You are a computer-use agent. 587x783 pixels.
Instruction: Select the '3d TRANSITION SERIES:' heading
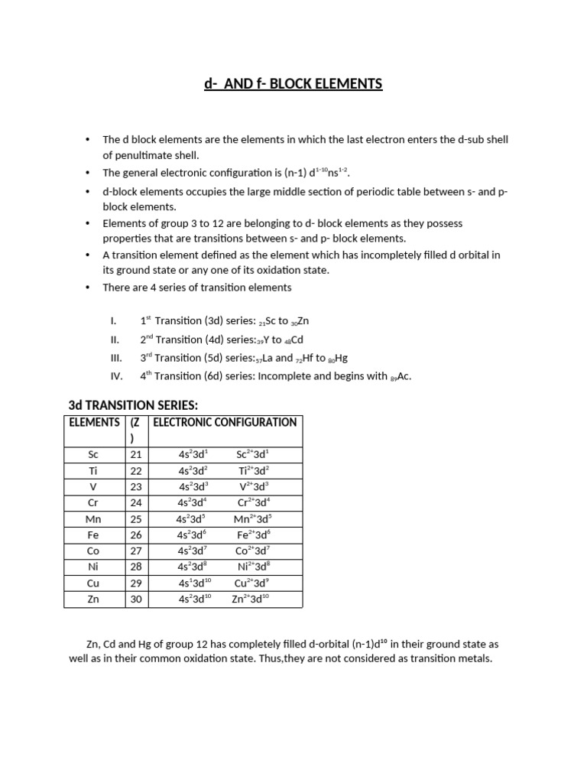pyautogui.click(x=134, y=405)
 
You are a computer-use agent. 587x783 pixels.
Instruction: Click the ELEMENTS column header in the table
pyautogui.click(x=94, y=422)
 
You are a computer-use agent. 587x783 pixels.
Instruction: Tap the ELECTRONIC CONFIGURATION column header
pyautogui.click(x=225, y=422)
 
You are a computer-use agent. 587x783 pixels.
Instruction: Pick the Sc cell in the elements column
pyautogui.click(x=94, y=454)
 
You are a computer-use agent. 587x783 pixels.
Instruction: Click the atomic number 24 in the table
pyautogui.click(x=136, y=502)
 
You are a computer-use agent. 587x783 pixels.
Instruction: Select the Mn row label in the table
pyautogui.click(x=94, y=519)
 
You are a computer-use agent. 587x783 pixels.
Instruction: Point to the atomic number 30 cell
pyautogui.click(x=136, y=599)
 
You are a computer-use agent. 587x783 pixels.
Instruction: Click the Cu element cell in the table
pyautogui.click(x=94, y=583)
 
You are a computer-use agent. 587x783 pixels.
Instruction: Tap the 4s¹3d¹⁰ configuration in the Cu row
pyautogui.click(x=194, y=583)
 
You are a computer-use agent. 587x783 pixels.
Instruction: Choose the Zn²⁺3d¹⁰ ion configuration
pyautogui.click(x=251, y=599)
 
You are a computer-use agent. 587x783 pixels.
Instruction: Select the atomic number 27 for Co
pyautogui.click(x=136, y=551)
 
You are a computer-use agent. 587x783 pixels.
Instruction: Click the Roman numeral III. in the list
pyautogui.click(x=116, y=358)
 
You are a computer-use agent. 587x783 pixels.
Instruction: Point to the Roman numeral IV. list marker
pyautogui.click(x=116, y=376)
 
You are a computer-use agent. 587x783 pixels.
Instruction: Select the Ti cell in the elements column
pyautogui.click(x=94, y=470)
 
